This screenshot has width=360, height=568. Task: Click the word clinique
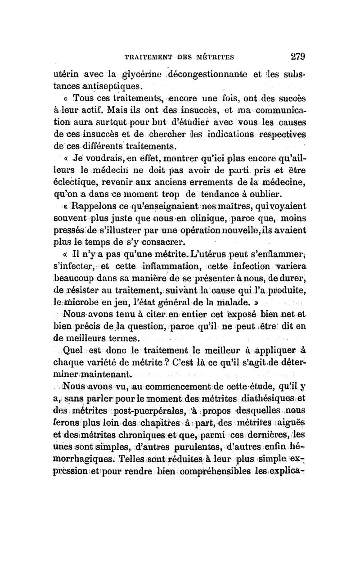(195, 218)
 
